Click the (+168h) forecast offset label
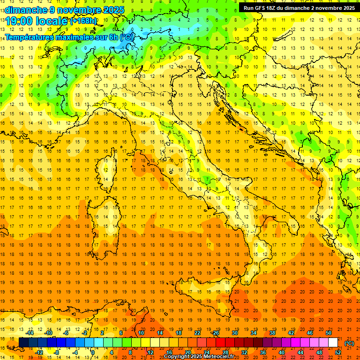(83, 21)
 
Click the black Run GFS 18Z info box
(299, 8)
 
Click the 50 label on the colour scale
(329, 332)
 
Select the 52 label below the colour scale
(338, 352)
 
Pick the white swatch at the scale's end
(333, 343)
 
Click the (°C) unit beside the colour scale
(349, 343)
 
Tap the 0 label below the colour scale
(92, 352)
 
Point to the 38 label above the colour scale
(272, 332)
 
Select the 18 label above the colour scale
(178, 332)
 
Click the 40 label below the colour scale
(282, 352)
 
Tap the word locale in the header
(53, 21)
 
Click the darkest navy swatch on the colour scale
(23, 343)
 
